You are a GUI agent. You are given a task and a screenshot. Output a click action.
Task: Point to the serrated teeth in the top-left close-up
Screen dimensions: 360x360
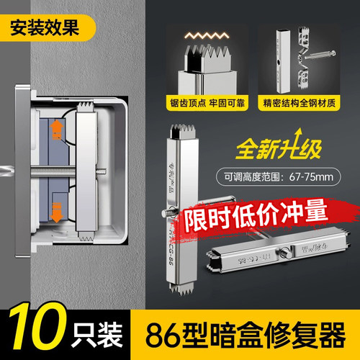[x=197, y=57]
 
